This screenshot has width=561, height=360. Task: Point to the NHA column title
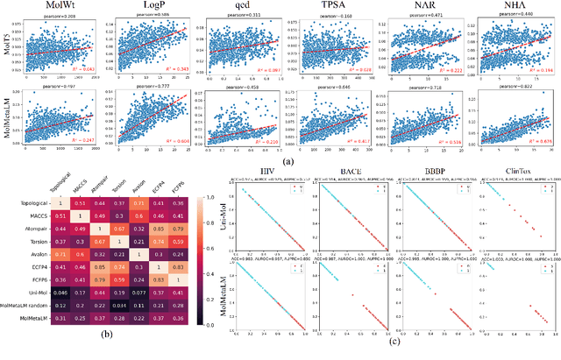(511, 6)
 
